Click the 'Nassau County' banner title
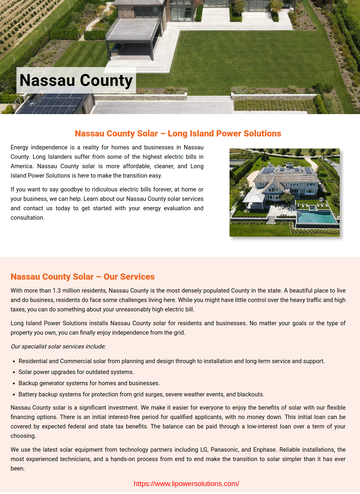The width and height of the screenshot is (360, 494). click(76, 80)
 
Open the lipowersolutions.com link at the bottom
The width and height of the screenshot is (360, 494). click(186, 484)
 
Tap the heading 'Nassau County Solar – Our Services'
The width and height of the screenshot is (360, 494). click(83, 277)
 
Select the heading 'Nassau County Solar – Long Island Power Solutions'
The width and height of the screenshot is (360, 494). click(178, 133)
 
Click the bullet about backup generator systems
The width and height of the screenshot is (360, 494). click(89, 383)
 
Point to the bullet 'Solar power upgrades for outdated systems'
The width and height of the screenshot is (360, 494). click(76, 372)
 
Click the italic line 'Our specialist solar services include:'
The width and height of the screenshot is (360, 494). click(58, 346)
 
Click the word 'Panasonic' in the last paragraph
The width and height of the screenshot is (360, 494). click(224, 450)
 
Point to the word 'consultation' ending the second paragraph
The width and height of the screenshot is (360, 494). click(27, 218)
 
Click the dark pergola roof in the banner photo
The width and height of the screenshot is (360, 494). click(134, 31)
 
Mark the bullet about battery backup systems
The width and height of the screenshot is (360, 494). click(141, 394)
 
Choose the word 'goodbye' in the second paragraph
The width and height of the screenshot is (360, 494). click(71, 189)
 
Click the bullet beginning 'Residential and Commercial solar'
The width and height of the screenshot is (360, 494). click(171, 361)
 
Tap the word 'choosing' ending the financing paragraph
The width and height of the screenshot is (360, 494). click(23, 436)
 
